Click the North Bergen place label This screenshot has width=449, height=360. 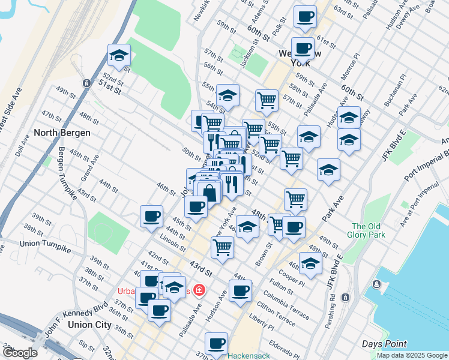point(62,133)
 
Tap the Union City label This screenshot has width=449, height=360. point(90,325)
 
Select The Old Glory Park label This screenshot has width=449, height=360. point(366,230)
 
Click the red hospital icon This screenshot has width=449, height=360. point(198,290)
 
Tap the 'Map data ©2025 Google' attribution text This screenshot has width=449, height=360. point(411,355)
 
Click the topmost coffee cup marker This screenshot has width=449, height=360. point(305,16)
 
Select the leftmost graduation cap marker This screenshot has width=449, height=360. point(119,56)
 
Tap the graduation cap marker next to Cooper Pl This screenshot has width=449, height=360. point(310,263)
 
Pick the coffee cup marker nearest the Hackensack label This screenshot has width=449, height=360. point(216,344)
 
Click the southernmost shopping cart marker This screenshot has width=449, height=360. point(222,247)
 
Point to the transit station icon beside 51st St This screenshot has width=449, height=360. point(87,83)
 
